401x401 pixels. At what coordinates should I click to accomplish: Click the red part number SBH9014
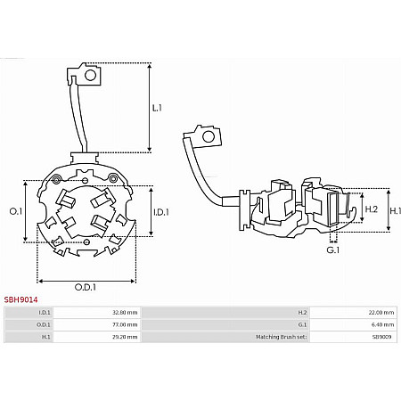(20, 299)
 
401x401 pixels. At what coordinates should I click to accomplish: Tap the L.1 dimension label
(157, 108)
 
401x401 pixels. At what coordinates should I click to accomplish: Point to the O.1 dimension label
(16, 211)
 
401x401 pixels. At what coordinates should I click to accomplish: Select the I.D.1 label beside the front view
(161, 212)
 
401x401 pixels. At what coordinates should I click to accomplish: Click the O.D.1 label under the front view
(86, 287)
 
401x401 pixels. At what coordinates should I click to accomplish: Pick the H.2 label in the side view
(372, 209)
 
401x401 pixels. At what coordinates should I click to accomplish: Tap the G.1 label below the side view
(333, 250)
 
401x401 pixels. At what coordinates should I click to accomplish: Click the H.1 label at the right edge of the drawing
(396, 211)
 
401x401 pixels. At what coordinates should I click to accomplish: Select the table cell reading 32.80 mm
(125, 313)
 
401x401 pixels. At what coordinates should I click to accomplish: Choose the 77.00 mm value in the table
(125, 324)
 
